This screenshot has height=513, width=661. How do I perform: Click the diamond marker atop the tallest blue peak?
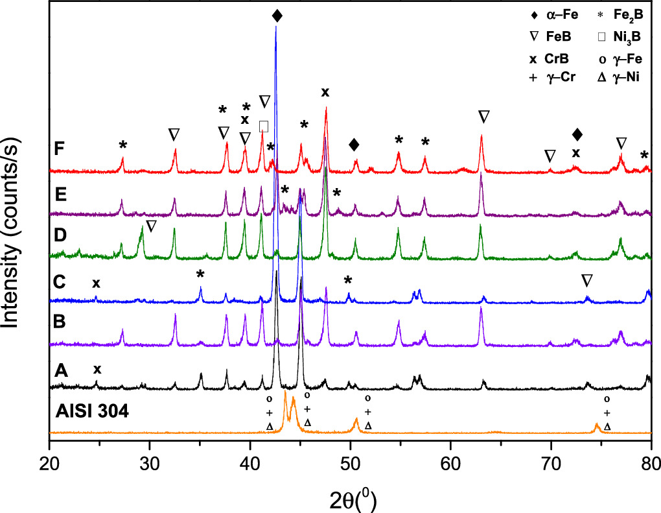[x=277, y=16]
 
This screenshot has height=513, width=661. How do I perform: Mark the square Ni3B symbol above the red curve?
[x=263, y=126]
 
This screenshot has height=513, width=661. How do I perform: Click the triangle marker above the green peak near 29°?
[x=151, y=226]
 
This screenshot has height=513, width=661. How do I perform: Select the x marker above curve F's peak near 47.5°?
[x=325, y=92]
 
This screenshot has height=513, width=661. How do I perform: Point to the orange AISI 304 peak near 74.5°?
[x=597, y=426]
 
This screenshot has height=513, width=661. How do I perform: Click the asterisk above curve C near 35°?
[x=201, y=274]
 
